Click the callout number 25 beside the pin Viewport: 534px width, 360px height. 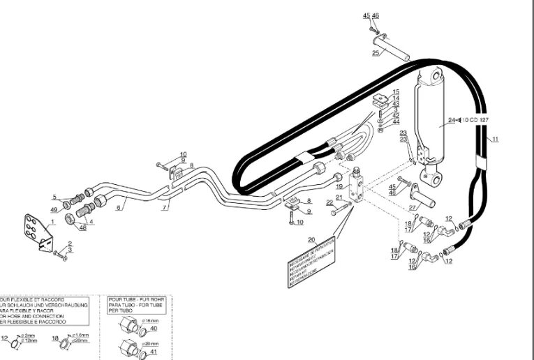click(x=376, y=52)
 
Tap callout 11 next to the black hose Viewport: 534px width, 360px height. click(x=495, y=140)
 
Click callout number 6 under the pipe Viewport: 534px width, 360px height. click(x=119, y=207)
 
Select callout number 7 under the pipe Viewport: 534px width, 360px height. click(x=165, y=207)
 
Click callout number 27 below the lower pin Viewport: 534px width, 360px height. click(x=413, y=207)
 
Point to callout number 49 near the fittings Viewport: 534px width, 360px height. click(x=54, y=209)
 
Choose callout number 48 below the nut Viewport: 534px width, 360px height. click(x=82, y=227)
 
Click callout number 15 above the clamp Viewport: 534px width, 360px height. click(x=395, y=92)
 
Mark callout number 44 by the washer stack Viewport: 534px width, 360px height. click(x=395, y=121)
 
